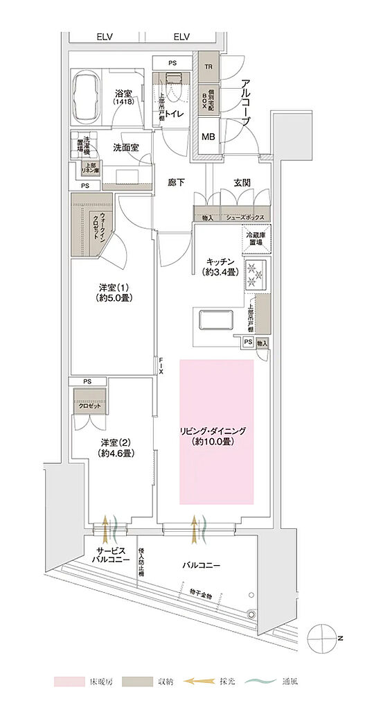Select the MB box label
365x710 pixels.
pos(208,137)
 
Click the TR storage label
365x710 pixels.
pos(208,67)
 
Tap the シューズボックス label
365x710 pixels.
pos(244,218)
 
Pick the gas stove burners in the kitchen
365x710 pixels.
pos(256,275)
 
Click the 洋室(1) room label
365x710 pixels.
pos(114,293)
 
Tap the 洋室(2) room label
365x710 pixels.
pos(114,448)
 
